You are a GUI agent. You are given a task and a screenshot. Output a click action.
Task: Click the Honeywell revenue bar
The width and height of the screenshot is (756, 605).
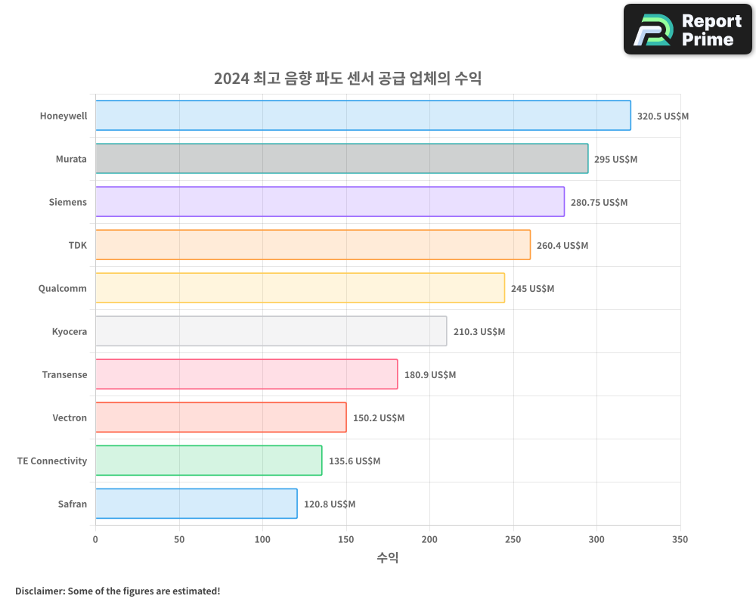(363, 116)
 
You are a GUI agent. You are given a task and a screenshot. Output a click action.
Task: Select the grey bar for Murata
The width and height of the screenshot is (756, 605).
(342, 159)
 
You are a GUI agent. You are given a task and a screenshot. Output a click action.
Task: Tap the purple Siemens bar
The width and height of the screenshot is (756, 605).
(330, 202)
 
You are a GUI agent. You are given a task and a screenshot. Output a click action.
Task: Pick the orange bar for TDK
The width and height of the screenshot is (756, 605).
(313, 245)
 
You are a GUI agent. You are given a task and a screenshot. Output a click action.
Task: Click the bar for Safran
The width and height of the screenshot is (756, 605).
(197, 504)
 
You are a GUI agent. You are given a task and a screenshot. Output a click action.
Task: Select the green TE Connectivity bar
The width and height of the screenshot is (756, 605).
(209, 461)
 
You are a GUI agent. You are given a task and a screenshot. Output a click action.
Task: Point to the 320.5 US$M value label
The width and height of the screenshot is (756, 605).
(663, 116)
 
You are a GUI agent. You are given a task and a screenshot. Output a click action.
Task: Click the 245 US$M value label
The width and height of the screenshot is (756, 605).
(532, 289)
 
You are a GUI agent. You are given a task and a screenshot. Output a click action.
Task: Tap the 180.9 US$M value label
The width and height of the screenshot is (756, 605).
(430, 375)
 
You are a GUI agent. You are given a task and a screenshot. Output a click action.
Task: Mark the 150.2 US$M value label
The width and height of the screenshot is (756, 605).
(379, 418)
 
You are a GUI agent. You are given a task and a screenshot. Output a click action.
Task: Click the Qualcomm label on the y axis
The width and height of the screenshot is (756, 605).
(63, 288)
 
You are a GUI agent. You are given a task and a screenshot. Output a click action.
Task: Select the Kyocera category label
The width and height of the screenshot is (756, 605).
(70, 331)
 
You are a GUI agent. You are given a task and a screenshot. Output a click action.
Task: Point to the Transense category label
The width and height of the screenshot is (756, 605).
(64, 374)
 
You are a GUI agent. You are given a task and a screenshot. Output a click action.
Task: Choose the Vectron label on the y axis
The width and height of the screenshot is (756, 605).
(70, 417)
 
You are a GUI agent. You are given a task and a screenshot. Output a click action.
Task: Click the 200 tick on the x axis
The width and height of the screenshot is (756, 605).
(429, 539)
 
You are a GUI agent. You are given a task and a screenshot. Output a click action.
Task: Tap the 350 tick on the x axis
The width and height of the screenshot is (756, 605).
(680, 539)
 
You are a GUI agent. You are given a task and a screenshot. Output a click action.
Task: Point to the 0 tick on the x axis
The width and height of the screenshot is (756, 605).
(95, 539)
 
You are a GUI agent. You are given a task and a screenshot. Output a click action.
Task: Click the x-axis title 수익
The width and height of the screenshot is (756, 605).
(388, 558)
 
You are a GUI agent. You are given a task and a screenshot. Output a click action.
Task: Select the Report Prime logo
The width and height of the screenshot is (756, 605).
(688, 29)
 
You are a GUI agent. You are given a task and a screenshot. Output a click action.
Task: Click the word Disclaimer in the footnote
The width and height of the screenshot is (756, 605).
(39, 591)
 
